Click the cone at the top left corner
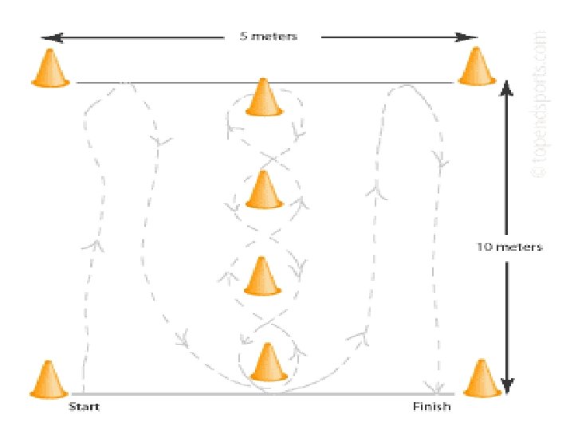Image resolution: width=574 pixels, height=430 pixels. (49, 68)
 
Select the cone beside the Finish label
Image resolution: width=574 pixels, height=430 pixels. (481, 378)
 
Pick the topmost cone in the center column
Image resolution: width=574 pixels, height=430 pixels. (264, 98)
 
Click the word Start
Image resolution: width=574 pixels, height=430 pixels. (84, 407)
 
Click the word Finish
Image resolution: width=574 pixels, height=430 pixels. (431, 407)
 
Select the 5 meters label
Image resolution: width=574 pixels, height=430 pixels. (269, 37)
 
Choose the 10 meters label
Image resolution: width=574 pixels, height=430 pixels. (510, 247)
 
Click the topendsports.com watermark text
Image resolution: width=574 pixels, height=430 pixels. (541, 104)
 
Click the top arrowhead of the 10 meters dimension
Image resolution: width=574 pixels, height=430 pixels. (505, 86)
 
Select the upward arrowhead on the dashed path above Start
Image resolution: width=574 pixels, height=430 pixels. (96, 243)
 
